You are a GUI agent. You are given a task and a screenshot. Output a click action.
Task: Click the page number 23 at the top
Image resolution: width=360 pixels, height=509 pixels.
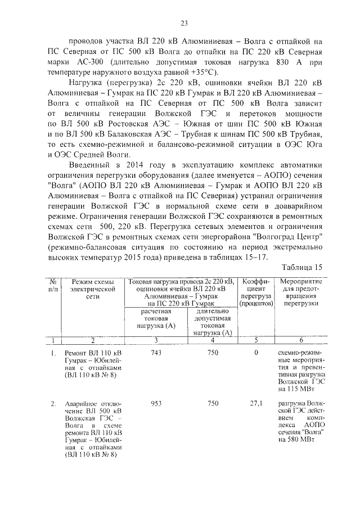[x=183, y=23]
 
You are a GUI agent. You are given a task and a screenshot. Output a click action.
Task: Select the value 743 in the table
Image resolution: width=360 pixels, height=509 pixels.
[x=157, y=353]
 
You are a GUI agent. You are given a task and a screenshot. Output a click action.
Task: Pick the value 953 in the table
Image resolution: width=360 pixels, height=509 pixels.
[x=157, y=403]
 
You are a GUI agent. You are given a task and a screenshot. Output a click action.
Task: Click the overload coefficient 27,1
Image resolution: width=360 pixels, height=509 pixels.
[x=256, y=403]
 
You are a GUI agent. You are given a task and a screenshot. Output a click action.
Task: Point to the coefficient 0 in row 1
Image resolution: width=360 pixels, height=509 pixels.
[x=256, y=353]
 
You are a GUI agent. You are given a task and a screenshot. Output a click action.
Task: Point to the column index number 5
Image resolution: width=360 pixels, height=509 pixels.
[x=256, y=340]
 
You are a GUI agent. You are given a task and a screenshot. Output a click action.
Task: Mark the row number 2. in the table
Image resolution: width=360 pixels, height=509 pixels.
[x=53, y=403]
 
